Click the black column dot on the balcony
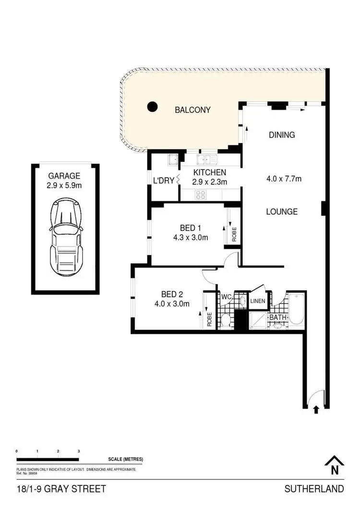(x=152, y=107)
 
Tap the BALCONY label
(x=192, y=110)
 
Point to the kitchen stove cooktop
(x=200, y=194)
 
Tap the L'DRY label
(x=163, y=181)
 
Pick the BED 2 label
(x=172, y=294)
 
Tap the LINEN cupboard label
(x=258, y=301)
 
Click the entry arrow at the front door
(x=316, y=410)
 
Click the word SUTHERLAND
(x=314, y=489)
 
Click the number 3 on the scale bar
(x=78, y=452)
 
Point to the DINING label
(x=282, y=135)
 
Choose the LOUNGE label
(x=282, y=211)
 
